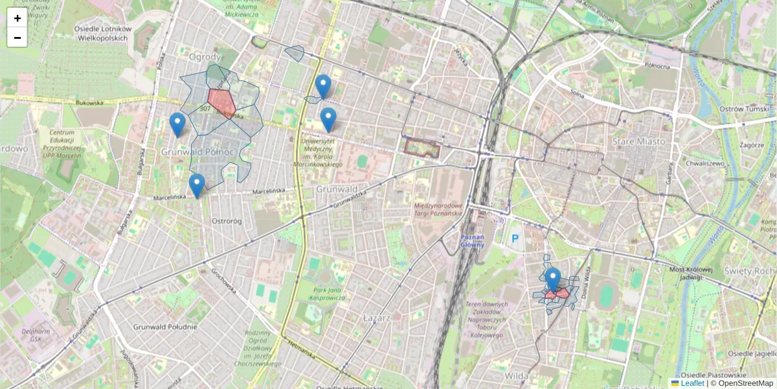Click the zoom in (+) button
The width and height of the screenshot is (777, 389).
pyautogui.click(x=17, y=18)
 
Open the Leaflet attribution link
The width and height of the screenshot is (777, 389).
pyautogui.click(x=692, y=383)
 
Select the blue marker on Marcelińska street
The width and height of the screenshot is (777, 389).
pyautogui.click(x=197, y=185)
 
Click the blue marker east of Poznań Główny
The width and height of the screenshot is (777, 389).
pyautogui.click(x=552, y=279)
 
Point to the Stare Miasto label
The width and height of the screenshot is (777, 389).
pyautogui.click(x=639, y=141)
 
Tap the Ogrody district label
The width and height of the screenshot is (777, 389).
pyautogui.click(x=205, y=57)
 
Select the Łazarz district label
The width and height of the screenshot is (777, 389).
pyautogui.click(x=376, y=318)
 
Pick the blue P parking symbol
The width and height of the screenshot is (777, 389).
pyautogui.click(x=515, y=239)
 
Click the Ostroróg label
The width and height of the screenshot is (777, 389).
pyautogui.click(x=227, y=221)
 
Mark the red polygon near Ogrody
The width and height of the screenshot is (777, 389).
pyautogui.click(x=221, y=101)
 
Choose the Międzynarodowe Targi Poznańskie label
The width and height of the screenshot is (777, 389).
pyautogui.click(x=438, y=209)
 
